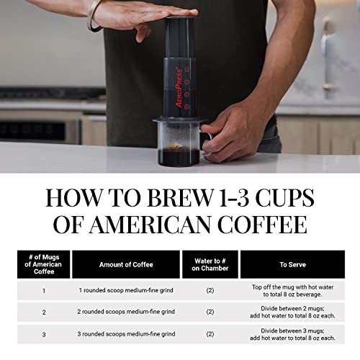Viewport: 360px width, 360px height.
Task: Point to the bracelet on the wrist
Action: [92, 16]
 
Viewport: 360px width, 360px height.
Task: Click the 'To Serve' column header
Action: [292, 264]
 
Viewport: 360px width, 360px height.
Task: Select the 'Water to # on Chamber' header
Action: [210, 264]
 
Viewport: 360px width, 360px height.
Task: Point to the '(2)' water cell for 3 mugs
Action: [210, 333]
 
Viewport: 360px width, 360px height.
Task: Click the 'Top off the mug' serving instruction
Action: [292, 291]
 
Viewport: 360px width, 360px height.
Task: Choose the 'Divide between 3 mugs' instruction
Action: [292, 333]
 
